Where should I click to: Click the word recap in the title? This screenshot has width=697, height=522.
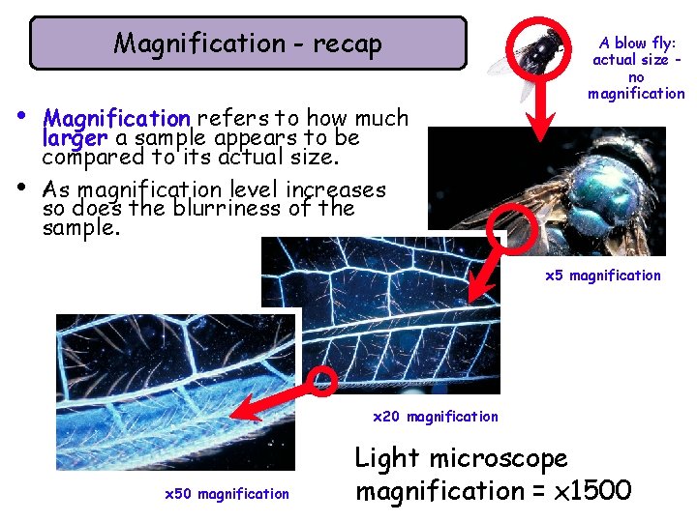pos(348,43)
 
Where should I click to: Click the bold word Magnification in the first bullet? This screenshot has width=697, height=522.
pos(117,119)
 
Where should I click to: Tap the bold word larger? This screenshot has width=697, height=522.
pos(76,138)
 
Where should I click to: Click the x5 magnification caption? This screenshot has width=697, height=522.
pos(603,275)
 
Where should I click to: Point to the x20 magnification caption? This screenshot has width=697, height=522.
pos(436,417)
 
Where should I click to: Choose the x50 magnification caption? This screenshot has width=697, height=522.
pos(227,494)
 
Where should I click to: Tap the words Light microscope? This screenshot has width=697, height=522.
pos(461,457)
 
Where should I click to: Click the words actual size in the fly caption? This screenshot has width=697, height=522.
pos(629,60)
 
